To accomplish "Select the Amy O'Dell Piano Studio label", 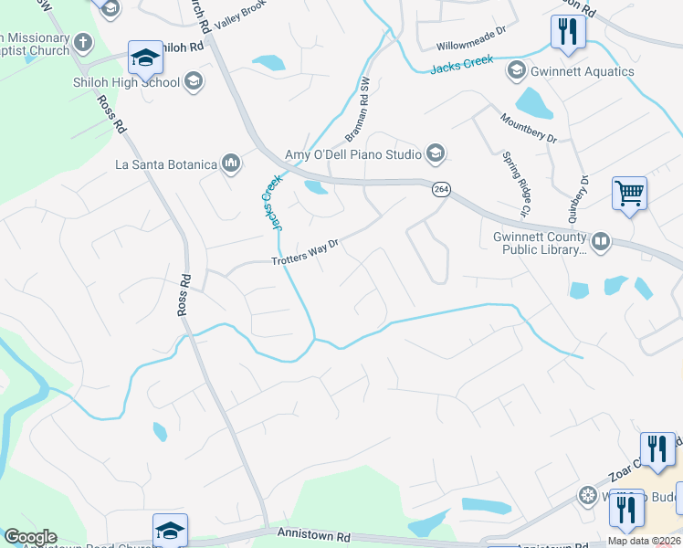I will pyautogui.click(x=352, y=153).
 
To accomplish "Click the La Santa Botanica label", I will pyautogui.click(x=165, y=164).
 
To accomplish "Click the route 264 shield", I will pyautogui.click(x=441, y=189).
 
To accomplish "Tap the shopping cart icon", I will pyautogui.click(x=629, y=194).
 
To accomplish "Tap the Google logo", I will pyautogui.click(x=30, y=537).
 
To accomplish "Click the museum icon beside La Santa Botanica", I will pyautogui.click(x=230, y=164).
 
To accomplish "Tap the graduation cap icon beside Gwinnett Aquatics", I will pyautogui.click(x=516, y=71).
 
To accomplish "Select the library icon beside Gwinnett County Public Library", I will pyautogui.click(x=601, y=242).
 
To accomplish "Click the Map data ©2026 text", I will pyautogui.click(x=644, y=541).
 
